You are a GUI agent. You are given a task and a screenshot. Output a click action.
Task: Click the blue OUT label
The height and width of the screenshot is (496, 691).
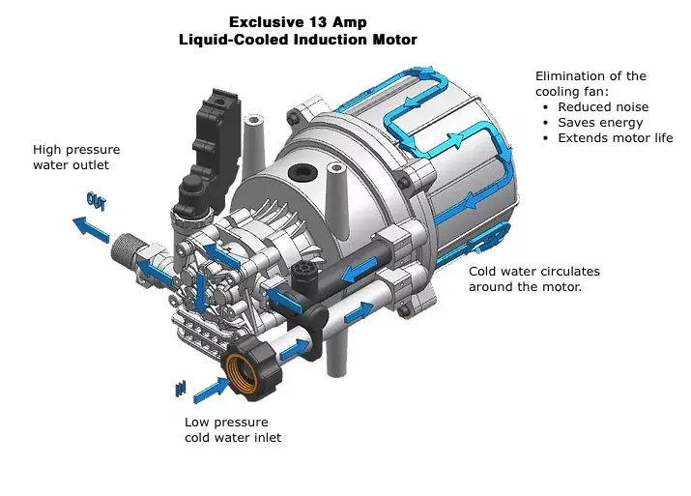coord(96,201)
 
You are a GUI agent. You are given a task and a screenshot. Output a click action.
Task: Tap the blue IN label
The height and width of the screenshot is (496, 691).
coord(181,388)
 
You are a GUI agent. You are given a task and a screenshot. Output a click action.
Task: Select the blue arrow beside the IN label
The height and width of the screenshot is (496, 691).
coord(211,390)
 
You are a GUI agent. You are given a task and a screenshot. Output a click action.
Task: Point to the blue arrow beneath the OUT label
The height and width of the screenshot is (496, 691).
coord(91,229)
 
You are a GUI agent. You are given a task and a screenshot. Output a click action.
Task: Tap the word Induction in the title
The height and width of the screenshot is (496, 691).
coord(331,40)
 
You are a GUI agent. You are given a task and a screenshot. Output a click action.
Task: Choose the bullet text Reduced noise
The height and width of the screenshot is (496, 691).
coord(603,107)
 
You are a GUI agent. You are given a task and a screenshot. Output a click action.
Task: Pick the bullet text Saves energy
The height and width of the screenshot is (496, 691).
coord(600,123)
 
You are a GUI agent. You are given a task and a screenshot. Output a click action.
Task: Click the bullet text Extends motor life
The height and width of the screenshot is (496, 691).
coord(616,138)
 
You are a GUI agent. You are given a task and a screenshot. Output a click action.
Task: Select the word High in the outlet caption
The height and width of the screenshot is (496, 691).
coord(47,150)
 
